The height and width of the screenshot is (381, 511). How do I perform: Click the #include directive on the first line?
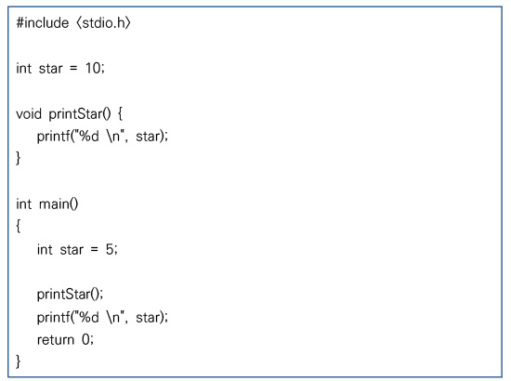[43, 23]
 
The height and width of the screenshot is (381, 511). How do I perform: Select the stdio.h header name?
[103, 23]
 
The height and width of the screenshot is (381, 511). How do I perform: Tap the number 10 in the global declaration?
[93, 68]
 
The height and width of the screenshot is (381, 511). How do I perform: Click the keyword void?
[29, 113]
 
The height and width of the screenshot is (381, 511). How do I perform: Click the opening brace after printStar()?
[120, 114]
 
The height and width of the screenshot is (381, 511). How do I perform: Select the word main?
[55, 204]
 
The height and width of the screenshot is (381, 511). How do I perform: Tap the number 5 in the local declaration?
[110, 249]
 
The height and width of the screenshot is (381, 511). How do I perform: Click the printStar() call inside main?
[70, 295]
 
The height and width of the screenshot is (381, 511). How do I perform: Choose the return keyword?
[56, 340]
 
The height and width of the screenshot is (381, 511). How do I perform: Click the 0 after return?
[85, 339]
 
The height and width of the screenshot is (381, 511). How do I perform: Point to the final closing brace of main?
[19, 361]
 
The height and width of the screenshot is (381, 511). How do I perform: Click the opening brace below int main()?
[19, 226]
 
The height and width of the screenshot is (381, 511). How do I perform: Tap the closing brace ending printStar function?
[19, 158]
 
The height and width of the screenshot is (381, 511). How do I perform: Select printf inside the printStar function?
[52, 137]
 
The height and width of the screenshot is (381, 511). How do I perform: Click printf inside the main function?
[52, 318]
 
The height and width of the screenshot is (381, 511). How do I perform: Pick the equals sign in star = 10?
[73, 69]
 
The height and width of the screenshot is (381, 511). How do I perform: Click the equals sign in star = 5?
[94, 250]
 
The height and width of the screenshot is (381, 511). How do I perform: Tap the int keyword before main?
[24, 204]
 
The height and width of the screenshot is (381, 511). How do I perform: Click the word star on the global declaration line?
[50, 69]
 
